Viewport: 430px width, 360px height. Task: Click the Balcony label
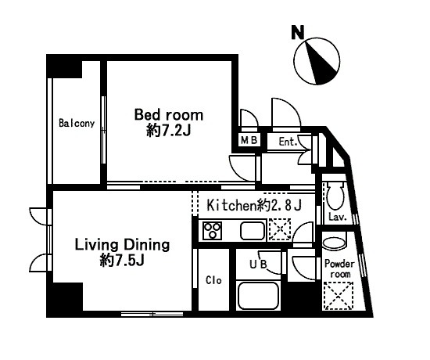[77, 124]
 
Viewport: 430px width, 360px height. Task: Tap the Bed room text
[169, 115]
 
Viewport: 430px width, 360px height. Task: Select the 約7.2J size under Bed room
[168, 131]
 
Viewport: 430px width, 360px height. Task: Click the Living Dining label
[122, 245]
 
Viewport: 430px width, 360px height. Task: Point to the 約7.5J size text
[122, 260]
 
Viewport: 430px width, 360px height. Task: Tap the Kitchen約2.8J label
[254, 205]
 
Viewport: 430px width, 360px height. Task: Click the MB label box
[249, 141]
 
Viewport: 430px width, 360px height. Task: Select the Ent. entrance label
[288, 142]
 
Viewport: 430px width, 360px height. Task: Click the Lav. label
[338, 218]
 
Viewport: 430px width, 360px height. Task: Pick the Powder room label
[339, 269]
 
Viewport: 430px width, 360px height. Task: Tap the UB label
[258, 264]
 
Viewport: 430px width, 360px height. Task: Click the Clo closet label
[213, 280]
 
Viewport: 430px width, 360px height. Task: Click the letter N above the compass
[298, 32]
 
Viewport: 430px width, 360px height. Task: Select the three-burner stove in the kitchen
[212, 230]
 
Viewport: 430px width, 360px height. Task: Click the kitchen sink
[253, 230]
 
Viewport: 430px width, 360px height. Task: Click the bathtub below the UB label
[258, 296]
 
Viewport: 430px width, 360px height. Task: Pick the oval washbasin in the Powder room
[334, 243]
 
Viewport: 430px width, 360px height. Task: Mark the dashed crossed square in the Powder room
[338, 296]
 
